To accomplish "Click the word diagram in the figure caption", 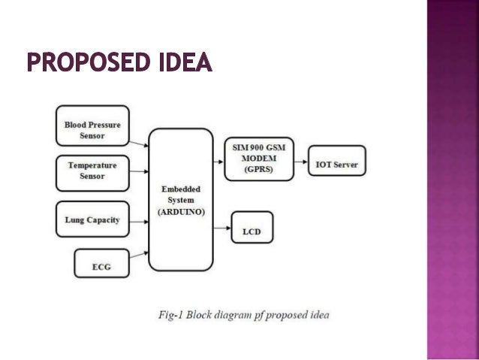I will [243, 313].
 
